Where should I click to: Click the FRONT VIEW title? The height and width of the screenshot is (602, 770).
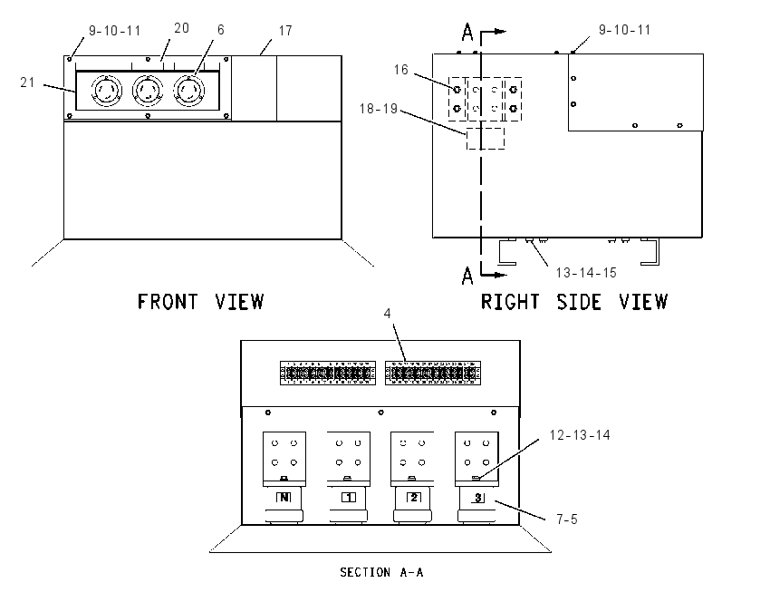[200, 302]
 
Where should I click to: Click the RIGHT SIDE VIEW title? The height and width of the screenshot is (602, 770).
[574, 302]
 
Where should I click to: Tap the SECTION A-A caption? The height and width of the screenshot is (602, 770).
[381, 572]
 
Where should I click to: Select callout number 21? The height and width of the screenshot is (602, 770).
[27, 83]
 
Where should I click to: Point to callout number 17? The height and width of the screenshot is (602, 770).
[285, 31]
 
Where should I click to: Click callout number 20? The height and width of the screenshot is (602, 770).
[181, 28]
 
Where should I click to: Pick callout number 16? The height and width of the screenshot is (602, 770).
[400, 70]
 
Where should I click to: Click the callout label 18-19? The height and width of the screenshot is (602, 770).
[378, 109]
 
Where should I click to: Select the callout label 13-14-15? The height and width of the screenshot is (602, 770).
[586, 273]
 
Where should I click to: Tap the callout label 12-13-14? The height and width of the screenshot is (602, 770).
[580, 435]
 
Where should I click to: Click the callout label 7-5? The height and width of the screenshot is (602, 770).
[567, 519]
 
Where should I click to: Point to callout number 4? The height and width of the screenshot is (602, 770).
[387, 314]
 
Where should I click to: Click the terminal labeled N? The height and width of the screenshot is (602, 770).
[284, 498]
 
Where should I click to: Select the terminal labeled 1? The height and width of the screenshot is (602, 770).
[349, 498]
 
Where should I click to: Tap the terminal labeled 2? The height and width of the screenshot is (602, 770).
[413, 498]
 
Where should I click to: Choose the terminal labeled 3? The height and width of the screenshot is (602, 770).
[477, 498]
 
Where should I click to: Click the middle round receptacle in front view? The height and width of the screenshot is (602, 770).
[148, 91]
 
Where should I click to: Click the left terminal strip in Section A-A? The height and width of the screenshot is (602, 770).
[328, 373]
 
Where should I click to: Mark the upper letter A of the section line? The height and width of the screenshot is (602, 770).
[467, 33]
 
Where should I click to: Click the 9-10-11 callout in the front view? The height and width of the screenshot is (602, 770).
[114, 31]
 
